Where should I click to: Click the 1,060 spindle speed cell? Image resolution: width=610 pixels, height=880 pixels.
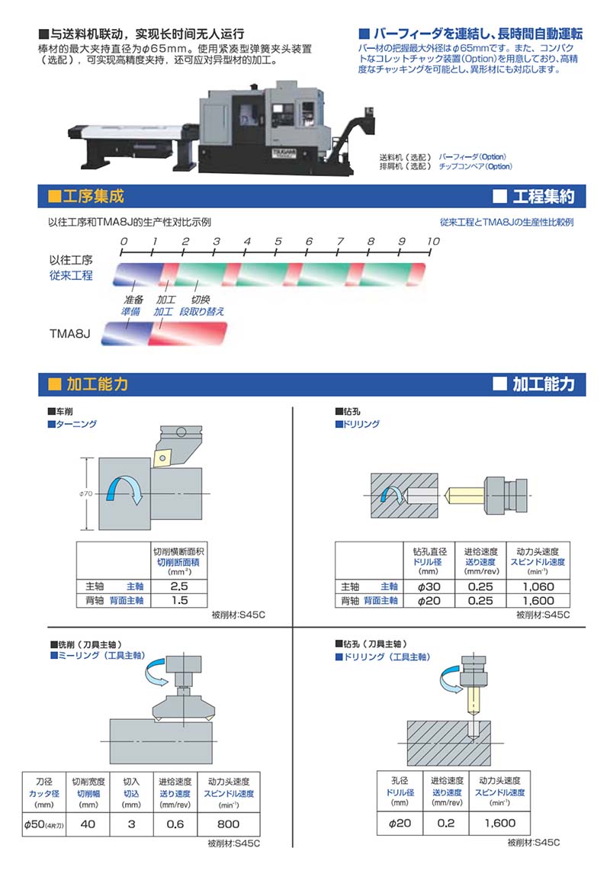coord(539,586)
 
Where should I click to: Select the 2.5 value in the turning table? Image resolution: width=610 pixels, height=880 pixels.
coord(179,586)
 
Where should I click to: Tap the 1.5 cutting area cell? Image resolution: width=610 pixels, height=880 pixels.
coord(179,600)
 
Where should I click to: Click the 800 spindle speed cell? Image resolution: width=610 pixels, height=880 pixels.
coord(228,824)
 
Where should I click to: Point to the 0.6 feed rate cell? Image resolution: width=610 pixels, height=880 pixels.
coord(175,824)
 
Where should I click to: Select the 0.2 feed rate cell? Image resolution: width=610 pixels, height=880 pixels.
coord(446,823)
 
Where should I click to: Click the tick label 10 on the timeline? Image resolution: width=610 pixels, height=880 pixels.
coord(432,241)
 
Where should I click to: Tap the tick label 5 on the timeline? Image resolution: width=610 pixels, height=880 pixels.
coord(278,241)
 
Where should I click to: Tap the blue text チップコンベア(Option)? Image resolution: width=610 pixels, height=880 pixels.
coord(474,166)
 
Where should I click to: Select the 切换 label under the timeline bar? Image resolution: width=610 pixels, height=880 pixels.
coord(200,300)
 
